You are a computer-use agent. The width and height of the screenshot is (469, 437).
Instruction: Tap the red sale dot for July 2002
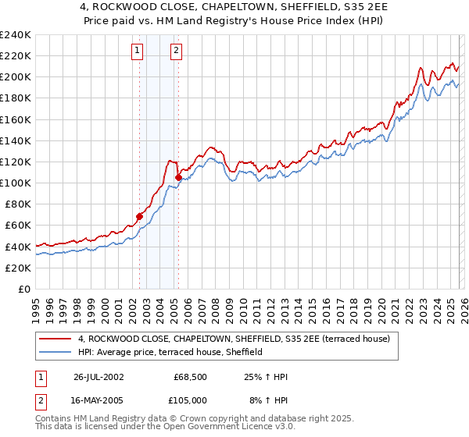(x=140, y=216)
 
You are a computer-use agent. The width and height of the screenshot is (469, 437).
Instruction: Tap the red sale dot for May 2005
(x=178, y=178)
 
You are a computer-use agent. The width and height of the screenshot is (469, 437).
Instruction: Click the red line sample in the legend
(x=55, y=339)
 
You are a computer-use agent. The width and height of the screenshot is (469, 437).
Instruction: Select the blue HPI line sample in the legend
(x=55, y=352)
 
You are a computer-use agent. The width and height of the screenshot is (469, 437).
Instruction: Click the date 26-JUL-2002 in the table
(x=99, y=377)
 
